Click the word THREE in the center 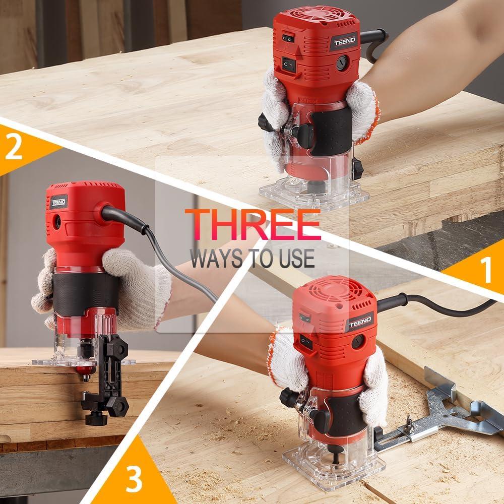click(x=253, y=225)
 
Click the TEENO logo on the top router click(x=344, y=41)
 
